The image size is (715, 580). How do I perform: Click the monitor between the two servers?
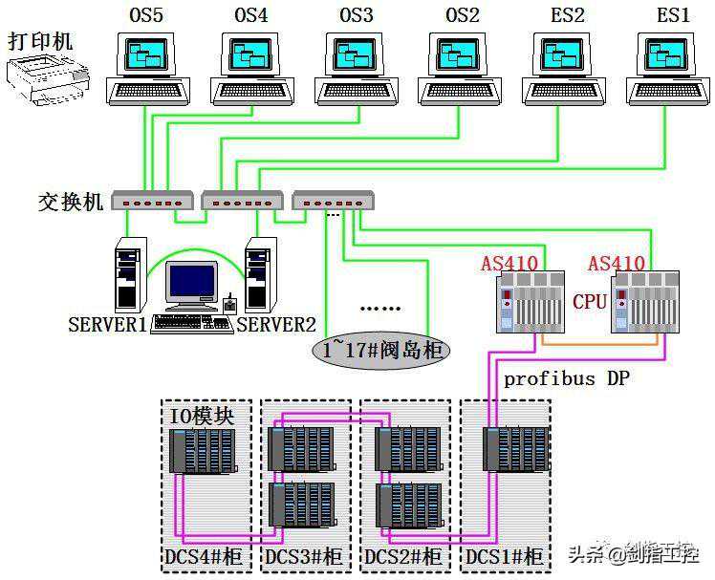[191, 285]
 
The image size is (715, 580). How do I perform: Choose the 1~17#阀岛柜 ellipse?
[380, 350]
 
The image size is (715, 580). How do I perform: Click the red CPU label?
[590, 302]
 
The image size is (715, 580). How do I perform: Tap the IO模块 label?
[202, 417]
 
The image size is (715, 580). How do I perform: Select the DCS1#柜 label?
[504, 556]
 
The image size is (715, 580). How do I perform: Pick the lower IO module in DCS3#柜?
[302, 503]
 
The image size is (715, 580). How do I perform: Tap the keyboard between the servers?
[192, 323]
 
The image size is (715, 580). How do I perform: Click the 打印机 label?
[40, 41]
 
